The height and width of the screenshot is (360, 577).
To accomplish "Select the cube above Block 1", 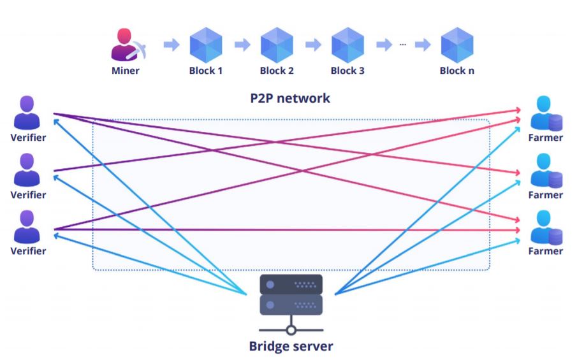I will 205,45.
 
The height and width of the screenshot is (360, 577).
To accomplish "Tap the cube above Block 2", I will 277,45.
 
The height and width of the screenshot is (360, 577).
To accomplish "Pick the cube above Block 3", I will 347,45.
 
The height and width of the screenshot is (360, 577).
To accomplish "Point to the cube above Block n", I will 457,45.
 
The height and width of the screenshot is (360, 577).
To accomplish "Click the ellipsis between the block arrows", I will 403,45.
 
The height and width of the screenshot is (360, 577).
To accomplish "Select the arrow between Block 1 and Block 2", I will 242,45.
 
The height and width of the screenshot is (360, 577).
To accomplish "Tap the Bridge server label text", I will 291,347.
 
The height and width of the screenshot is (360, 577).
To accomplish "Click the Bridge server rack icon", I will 291,294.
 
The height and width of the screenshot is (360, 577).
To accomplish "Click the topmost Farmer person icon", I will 545,113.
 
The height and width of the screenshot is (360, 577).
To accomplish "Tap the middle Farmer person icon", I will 545,170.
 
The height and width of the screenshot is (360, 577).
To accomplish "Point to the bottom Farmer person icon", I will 545,227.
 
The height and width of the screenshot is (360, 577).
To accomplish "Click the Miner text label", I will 125,71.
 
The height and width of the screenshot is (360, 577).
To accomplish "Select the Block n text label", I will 457,71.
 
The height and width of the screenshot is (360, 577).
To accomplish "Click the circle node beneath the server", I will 291,330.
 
